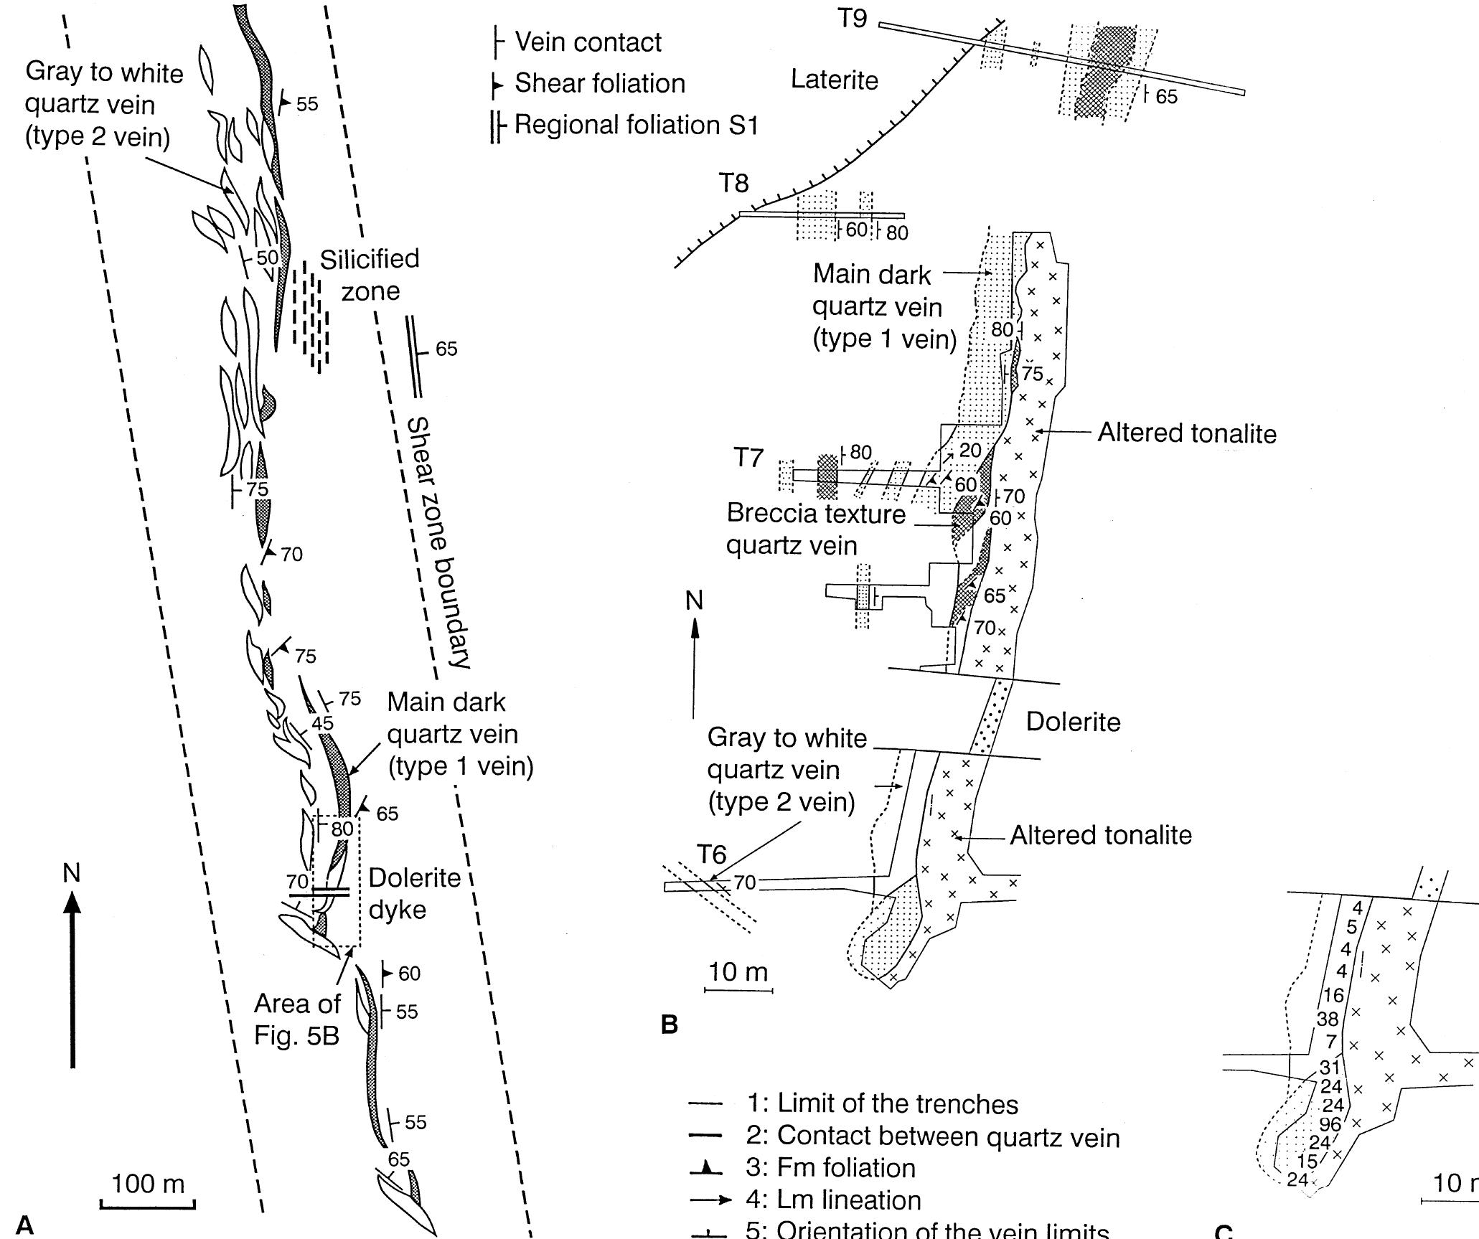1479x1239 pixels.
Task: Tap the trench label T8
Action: point(733,184)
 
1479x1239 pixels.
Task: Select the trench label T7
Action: point(748,458)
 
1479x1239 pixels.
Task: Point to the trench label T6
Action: point(712,854)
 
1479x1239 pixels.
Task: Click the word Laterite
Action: point(834,80)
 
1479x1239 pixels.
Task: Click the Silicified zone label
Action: point(370,275)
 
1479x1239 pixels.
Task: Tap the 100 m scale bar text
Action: point(148,1184)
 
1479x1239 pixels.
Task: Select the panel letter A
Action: point(24,1224)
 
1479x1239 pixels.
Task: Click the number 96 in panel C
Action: point(1330,1126)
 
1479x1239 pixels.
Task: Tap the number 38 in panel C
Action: point(1328,1019)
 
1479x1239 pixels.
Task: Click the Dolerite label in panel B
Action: point(1073,722)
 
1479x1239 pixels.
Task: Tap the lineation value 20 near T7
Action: point(969,451)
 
